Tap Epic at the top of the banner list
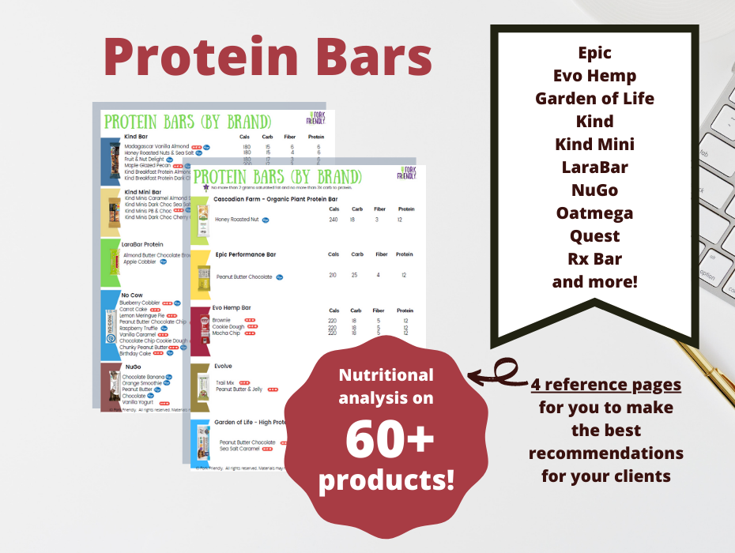pyautogui.click(x=594, y=54)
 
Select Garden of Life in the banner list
pyautogui.click(x=594, y=99)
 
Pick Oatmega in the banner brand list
pyautogui.click(x=594, y=213)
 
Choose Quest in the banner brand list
pyautogui.click(x=594, y=236)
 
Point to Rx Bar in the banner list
pyautogui.click(x=594, y=259)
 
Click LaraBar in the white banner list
pyautogui.click(x=594, y=167)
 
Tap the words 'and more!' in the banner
pyautogui.click(x=594, y=281)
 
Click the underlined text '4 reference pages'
pyautogui.click(x=605, y=385)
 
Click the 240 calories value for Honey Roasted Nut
pyautogui.click(x=334, y=220)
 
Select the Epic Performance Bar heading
pyautogui.click(x=245, y=255)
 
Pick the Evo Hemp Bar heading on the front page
pyautogui.click(x=232, y=308)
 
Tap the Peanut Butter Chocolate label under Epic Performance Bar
pyautogui.click(x=244, y=277)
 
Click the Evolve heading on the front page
pyautogui.click(x=223, y=367)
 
